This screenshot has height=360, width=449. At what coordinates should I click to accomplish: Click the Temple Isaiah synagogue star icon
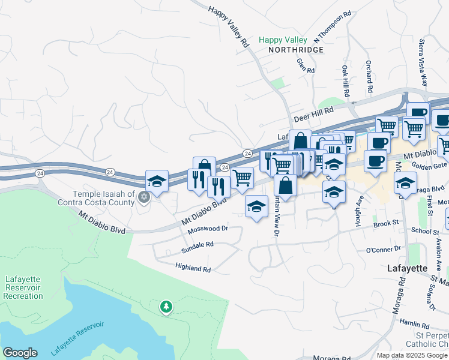click(x=143, y=197)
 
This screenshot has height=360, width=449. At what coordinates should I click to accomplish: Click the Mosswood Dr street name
click(x=208, y=229)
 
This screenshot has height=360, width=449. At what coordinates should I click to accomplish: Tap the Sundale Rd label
click(x=197, y=245)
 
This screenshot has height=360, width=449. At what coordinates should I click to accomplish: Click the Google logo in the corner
click(x=20, y=353)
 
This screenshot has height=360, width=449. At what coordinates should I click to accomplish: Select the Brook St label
click(x=386, y=223)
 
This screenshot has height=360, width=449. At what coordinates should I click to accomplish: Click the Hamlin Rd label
click(x=414, y=323)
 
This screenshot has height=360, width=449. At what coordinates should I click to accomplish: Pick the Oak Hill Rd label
click(x=345, y=79)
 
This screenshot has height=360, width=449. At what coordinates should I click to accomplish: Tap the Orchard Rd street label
click(x=369, y=76)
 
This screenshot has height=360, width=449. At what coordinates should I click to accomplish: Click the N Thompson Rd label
click(x=332, y=26)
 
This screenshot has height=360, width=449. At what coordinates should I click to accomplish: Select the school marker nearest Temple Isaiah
click(x=157, y=181)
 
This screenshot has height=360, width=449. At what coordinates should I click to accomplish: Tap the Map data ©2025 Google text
click(x=411, y=355)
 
